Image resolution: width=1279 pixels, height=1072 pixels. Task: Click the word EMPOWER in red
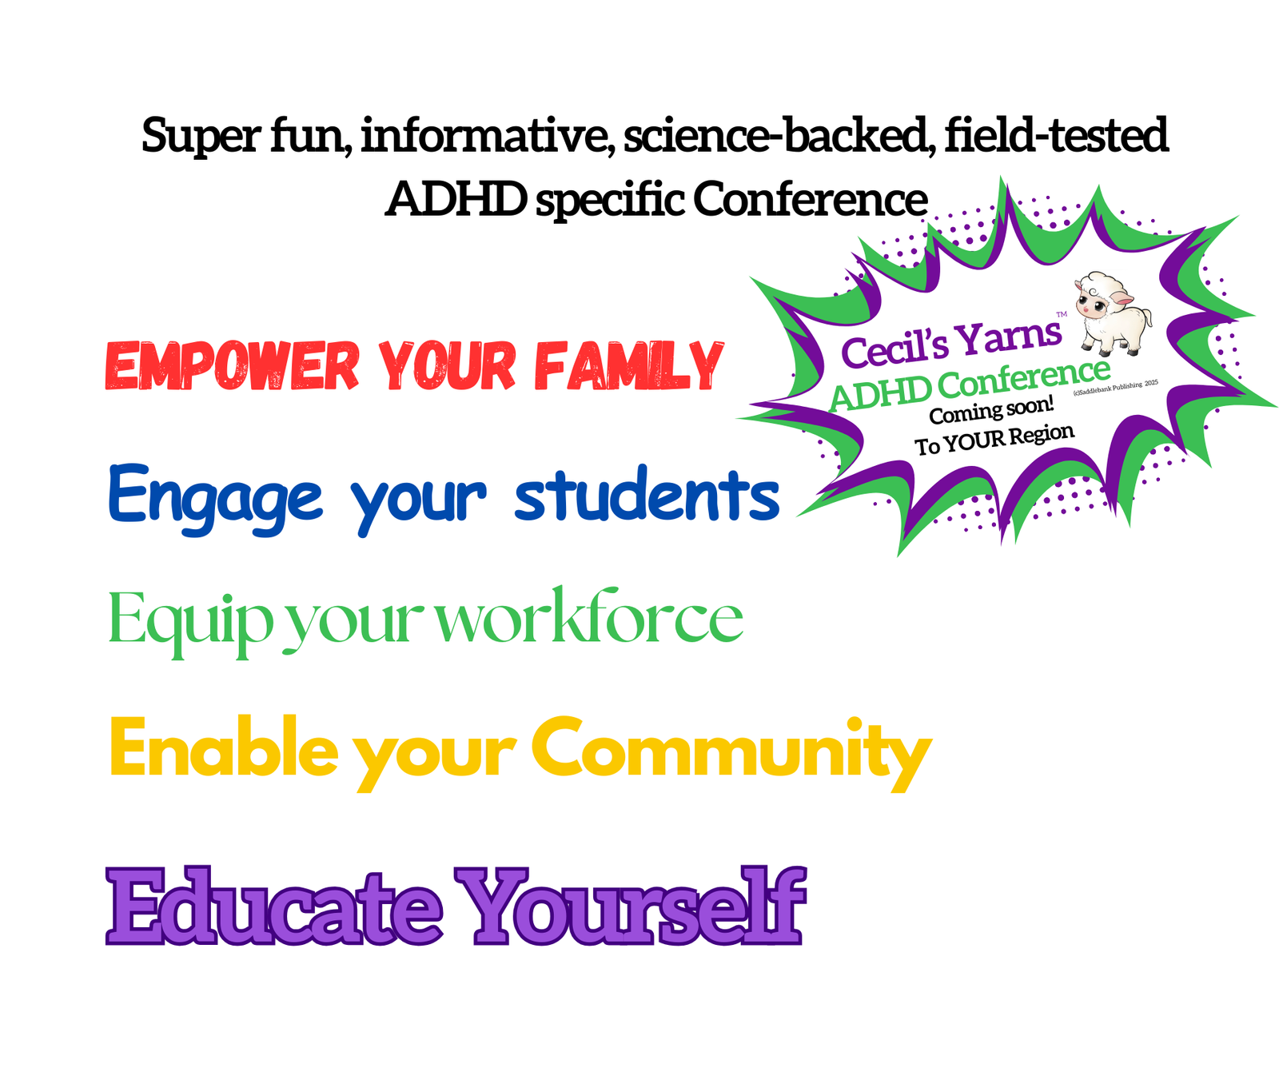click(x=233, y=366)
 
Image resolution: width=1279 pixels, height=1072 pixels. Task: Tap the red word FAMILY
click(x=628, y=366)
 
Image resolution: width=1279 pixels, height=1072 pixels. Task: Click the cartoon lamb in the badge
click(x=1114, y=314)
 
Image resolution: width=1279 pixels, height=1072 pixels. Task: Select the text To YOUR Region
click(x=994, y=440)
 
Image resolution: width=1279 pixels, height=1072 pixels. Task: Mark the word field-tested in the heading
click(x=1057, y=135)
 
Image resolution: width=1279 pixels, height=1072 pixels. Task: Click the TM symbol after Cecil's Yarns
click(x=1062, y=315)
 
